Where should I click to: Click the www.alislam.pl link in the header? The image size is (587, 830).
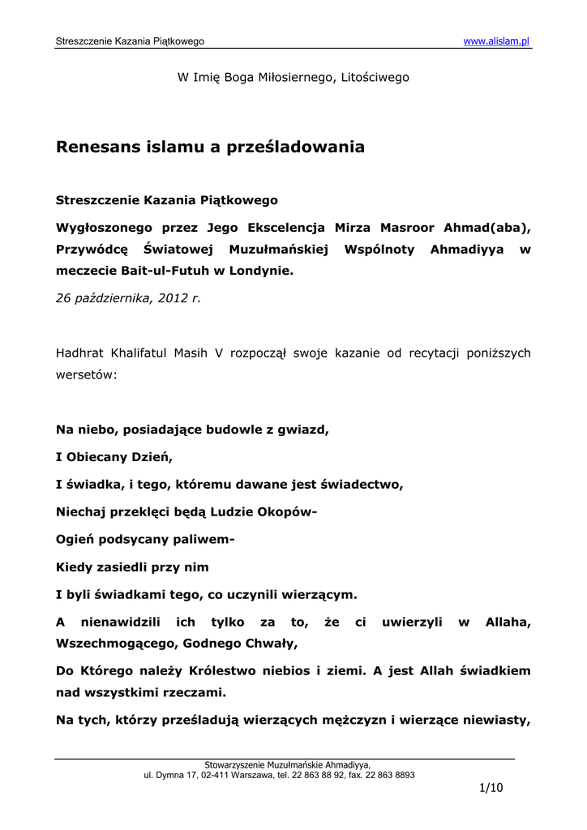click(496, 41)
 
